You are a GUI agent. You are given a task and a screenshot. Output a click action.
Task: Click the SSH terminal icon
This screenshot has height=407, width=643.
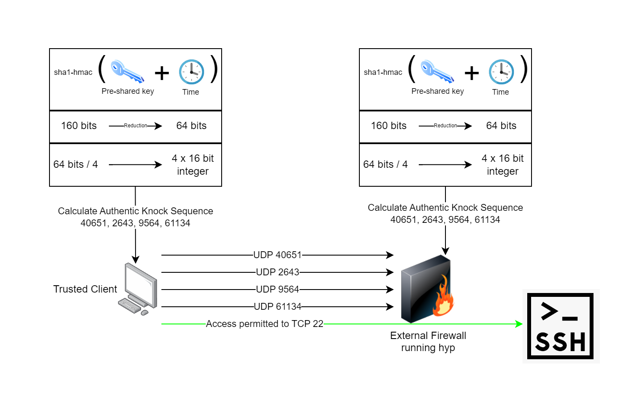[x=560, y=326]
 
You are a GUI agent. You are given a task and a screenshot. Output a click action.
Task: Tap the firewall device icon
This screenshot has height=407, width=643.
[x=427, y=289]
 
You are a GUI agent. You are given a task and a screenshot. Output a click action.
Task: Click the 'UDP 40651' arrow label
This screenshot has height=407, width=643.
[x=277, y=255]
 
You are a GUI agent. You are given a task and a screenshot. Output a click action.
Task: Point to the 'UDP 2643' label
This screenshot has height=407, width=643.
[x=277, y=272]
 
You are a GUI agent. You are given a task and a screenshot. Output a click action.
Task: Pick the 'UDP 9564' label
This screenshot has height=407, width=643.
[x=277, y=289]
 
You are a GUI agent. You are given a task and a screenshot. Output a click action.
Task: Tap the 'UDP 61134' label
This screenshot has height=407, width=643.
[x=277, y=307]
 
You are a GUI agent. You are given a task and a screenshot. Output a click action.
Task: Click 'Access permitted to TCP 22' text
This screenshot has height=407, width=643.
[x=264, y=324]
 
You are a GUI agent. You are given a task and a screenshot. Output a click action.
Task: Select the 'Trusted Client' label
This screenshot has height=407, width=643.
[x=85, y=289]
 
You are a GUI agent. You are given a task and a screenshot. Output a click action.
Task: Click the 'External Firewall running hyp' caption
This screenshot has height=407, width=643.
[x=428, y=342]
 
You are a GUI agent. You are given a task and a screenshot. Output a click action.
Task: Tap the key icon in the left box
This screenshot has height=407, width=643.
[x=127, y=71]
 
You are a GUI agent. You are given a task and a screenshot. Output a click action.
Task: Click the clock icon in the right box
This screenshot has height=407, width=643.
[x=501, y=72]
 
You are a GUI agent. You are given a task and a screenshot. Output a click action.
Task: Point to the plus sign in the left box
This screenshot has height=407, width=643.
[x=162, y=73]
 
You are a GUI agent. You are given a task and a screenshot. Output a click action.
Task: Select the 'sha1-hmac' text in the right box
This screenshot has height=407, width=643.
[x=383, y=72]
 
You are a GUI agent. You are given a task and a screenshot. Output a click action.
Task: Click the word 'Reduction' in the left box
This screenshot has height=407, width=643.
[x=136, y=126]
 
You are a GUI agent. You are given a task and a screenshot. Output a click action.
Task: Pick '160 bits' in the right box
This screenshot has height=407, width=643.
[x=389, y=126]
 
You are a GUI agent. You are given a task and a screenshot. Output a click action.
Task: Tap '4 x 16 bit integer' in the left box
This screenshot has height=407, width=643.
[x=193, y=165]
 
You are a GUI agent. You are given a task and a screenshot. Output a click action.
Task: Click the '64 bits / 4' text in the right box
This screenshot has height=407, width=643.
[x=385, y=164]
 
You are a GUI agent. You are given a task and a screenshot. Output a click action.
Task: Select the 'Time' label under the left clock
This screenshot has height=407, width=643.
[x=191, y=92]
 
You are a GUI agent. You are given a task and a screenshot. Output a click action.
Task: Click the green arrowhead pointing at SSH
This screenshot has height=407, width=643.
[x=519, y=324]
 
